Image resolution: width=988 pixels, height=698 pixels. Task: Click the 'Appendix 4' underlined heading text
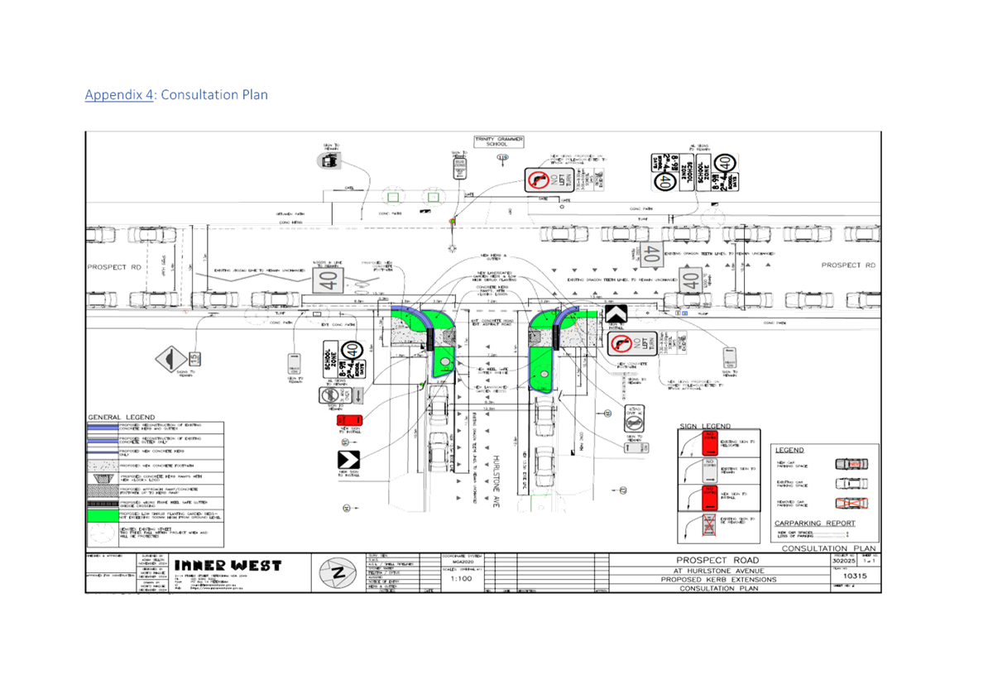coord(119,95)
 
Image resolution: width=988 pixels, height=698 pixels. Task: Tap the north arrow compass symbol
coord(338,572)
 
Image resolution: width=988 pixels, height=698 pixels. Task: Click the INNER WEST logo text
coord(228,566)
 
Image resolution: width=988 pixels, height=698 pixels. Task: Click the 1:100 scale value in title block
coord(461,579)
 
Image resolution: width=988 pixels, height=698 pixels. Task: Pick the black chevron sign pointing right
coord(348,460)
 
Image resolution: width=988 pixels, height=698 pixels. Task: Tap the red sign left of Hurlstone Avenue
coord(350,421)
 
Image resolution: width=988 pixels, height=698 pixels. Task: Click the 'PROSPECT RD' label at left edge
coord(115,267)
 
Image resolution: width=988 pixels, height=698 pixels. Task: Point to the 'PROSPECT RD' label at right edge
coord(848,265)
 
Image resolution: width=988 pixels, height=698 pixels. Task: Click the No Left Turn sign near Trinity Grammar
coord(549,180)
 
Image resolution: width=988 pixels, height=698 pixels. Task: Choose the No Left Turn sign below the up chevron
coord(632,343)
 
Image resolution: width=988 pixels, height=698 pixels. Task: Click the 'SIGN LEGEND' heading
coord(705,426)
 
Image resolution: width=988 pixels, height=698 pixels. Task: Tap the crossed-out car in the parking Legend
coord(851,503)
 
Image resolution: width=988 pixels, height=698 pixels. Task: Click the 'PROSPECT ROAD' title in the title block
coord(717,561)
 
